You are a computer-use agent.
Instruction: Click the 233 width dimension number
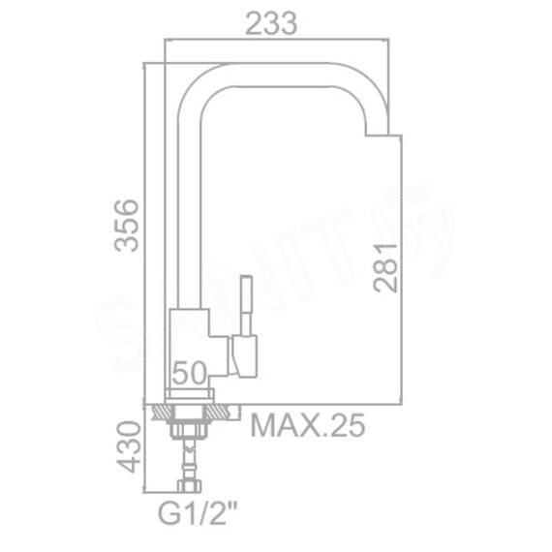tap(271, 23)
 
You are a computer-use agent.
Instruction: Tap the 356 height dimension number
tap(127, 226)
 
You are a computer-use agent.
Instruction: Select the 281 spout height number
tap(385, 267)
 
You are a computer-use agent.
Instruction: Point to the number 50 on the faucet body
tap(190, 373)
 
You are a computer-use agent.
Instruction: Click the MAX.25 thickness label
tap(307, 425)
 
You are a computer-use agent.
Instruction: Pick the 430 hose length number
tap(129, 446)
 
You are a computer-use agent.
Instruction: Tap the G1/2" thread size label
tap(198, 514)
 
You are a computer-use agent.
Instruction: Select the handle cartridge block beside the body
tap(244, 356)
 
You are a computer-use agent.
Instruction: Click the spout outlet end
tap(377, 135)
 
